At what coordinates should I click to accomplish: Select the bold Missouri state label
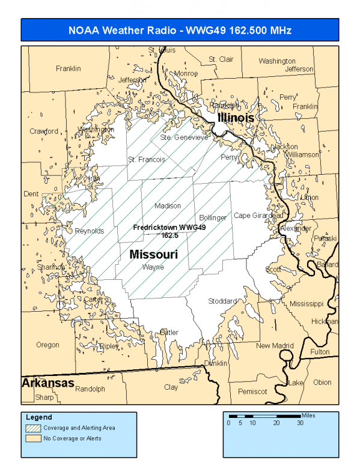(154, 255)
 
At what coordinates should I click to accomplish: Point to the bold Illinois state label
(236, 118)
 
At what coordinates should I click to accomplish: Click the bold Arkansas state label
(48, 383)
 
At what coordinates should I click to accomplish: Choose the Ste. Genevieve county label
(184, 138)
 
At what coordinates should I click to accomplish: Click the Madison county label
(168, 206)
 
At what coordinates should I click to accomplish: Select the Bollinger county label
(213, 217)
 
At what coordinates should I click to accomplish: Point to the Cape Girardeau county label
(258, 216)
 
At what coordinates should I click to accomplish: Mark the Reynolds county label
(90, 231)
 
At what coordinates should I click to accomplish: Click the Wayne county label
(153, 267)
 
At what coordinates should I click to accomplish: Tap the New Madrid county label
(275, 346)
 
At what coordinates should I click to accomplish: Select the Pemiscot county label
(252, 392)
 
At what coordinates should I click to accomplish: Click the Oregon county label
(48, 345)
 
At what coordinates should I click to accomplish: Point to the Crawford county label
(44, 131)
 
